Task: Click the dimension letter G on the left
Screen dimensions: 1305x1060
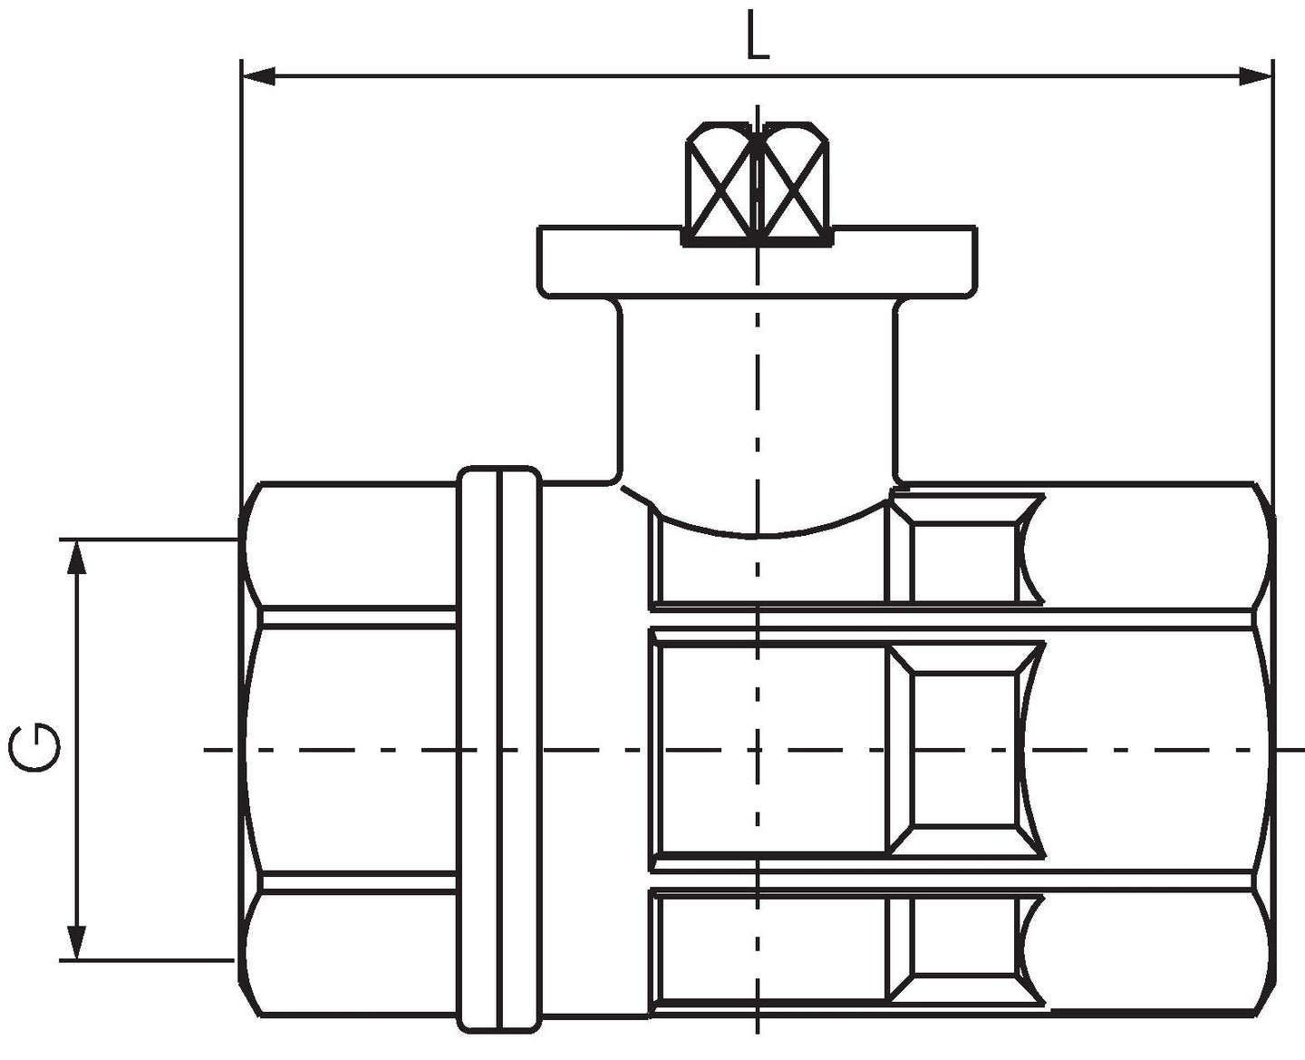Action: [x=34, y=748]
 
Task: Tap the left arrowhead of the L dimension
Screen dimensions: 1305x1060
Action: [x=258, y=77]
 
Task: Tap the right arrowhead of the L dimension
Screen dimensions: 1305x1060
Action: [x=1255, y=77]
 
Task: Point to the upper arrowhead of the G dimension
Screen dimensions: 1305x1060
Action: [x=76, y=558]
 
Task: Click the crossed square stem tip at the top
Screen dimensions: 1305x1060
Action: [x=758, y=184]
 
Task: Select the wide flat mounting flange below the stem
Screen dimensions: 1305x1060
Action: [x=758, y=262]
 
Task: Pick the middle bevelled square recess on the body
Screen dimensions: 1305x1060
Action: [x=965, y=749]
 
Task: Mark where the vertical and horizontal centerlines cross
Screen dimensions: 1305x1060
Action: [x=758, y=749]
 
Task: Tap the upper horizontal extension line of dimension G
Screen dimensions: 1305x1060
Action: [x=147, y=539]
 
